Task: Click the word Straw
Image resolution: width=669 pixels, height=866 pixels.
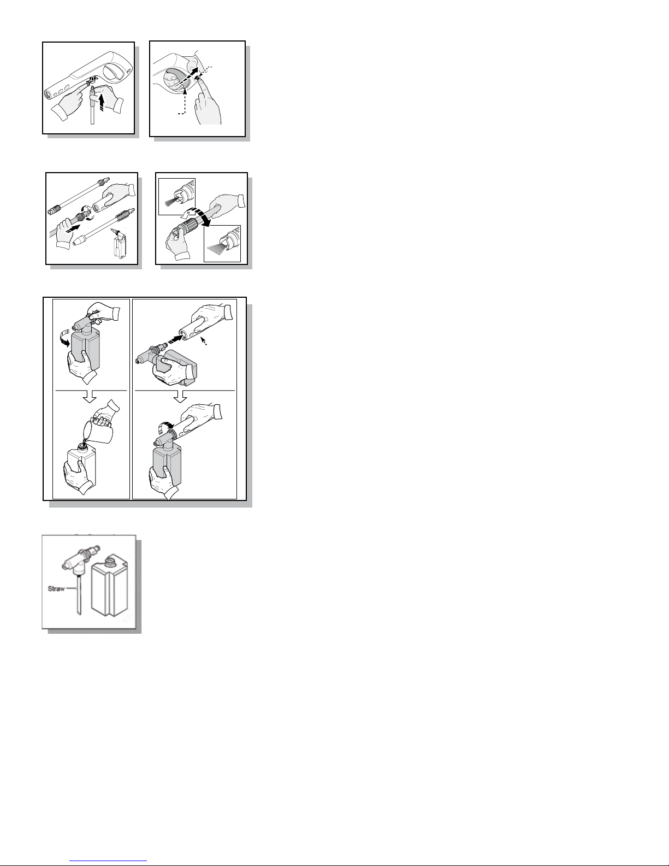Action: pyautogui.click(x=56, y=588)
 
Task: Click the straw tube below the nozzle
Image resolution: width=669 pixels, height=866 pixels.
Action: pyautogui.click(x=79, y=593)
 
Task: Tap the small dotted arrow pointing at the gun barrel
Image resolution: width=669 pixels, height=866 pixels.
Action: pyautogui.click(x=204, y=341)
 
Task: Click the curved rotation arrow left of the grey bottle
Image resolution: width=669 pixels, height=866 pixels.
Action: pyautogui.click(x=64, y=339)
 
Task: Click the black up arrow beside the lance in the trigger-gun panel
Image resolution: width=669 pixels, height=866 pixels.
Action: pyautogui.click(x=102, y=102)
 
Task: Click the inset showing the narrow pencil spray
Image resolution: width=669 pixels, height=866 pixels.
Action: pyautogui.click(x=177, y=197)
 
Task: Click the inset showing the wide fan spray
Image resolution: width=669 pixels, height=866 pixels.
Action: pyautogui.click(x=222, y=244)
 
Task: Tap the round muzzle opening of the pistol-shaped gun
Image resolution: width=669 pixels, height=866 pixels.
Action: pyautogui.click(x=47, y=95)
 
